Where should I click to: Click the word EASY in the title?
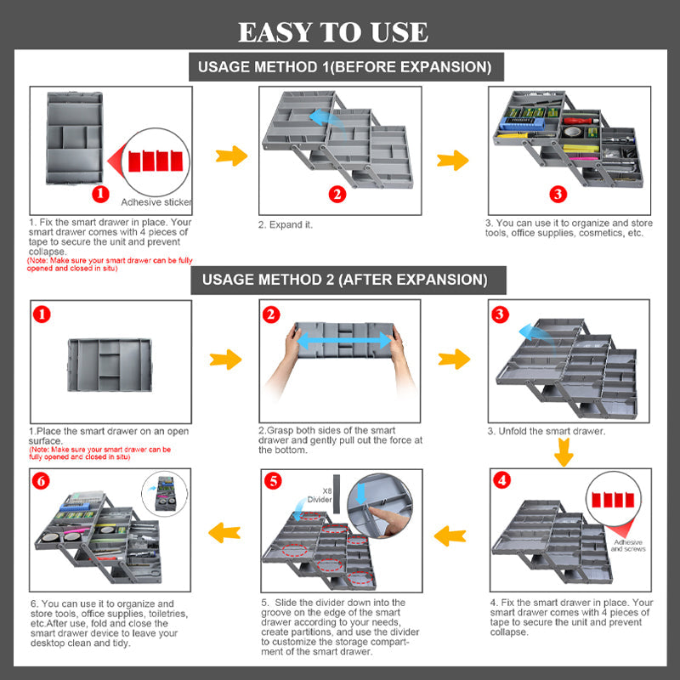coord(275,32)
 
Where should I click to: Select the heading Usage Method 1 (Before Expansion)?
coord(345,67)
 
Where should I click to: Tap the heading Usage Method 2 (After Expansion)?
coord(345,279)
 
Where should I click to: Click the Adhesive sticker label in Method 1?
coord(156,202)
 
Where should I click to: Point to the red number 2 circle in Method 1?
coord(337,194)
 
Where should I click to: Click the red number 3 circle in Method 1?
coord(558,194)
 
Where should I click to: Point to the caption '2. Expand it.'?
coord(286,225)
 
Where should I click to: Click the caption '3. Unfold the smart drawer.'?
coord(546,431)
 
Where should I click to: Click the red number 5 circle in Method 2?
coord(273,481)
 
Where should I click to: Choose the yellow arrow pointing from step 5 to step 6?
coord(223,532)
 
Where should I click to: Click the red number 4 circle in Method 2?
coord(502,480)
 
